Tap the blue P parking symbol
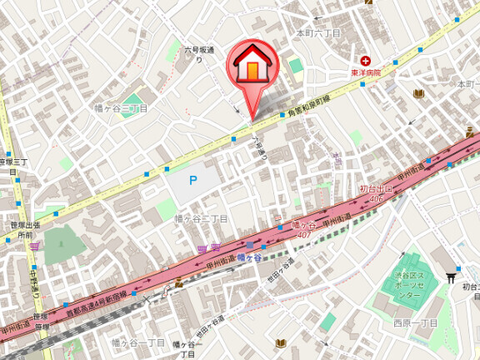pyautogui.click(x=192, y=179)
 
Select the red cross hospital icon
pyautogui.click(x=365, y=61)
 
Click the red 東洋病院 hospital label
pyautogui.click(x=365, y=73)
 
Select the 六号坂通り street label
pyautogui.click(x=200, y=55)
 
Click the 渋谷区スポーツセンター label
pyautogui.click(x=410, y=287)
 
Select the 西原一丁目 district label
pyautogui.click(x=414, y=322)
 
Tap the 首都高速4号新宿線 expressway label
pyautogui.click(x=96, y=305)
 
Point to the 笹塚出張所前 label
pyautogui.click(x=18, y=230)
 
